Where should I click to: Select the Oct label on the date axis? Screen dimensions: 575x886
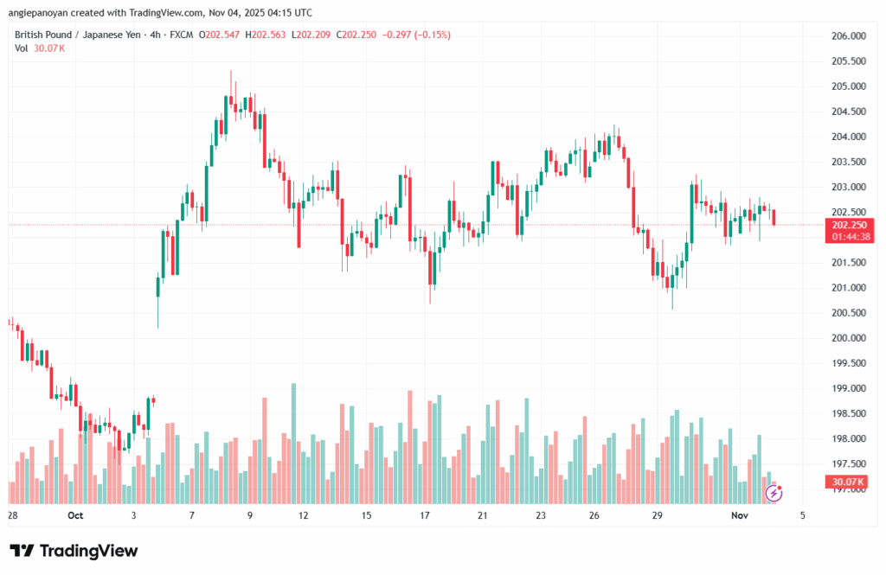tap(74, 515)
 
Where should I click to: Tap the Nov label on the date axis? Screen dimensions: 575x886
tap(739, 515)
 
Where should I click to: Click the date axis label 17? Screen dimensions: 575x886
tap(425, 515)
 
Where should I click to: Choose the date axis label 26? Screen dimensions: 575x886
tap(594, 515)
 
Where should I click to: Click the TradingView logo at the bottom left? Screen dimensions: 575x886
tap(73, 551)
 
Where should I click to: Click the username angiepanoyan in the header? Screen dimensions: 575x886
tap(44, 13)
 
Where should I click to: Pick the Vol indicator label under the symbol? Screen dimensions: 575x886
tap(22, 48)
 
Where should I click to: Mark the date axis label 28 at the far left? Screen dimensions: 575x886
tap(12, 515)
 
